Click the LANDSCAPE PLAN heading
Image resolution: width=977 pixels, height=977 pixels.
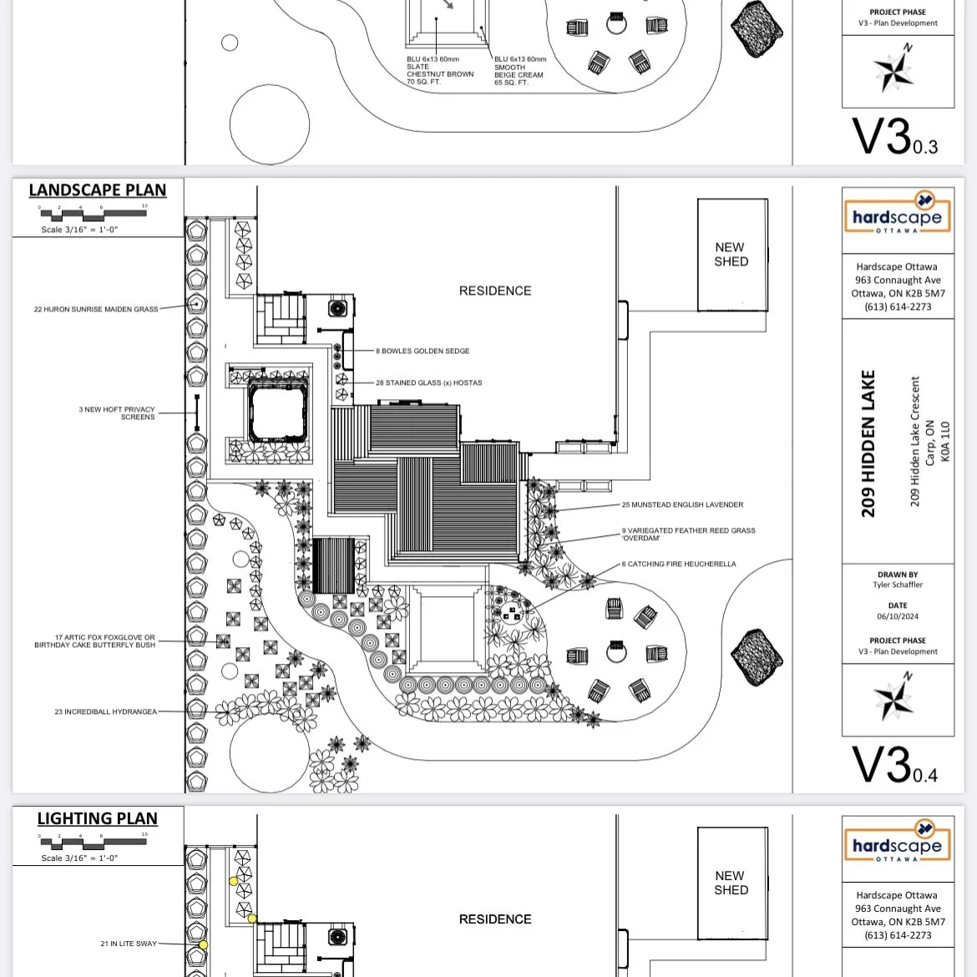click(97, 190)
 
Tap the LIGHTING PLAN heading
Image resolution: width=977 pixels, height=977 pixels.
click(97, 819)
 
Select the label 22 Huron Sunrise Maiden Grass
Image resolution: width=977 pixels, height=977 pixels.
click(96, 310)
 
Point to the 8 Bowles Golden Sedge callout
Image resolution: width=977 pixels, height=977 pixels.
click(423, 352)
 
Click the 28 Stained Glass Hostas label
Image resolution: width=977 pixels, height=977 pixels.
click(428, 383)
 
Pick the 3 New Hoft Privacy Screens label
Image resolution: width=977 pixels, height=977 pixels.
click(117, 413)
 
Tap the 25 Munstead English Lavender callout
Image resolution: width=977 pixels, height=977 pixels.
click(682, 505)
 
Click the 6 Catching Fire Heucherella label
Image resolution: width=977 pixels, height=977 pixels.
click(679, 564)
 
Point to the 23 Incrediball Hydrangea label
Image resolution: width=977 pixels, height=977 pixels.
click(105, 712)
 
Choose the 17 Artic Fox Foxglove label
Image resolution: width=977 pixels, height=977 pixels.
click(94, 641)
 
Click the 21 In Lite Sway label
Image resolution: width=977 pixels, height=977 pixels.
click(129, 944)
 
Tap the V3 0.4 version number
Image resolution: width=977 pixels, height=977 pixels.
click(893, 765)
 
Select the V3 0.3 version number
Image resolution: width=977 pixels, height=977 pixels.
click(893, 137)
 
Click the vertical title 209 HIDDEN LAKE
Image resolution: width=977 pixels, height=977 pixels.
click(868, 443)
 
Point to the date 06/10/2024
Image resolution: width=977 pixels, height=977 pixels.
click(898, 617)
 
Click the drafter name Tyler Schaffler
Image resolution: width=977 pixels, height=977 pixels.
click(898, 585)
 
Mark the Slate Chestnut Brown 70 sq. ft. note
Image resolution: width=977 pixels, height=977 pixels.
click(440, 71)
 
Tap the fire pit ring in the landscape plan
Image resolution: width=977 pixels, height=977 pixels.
click(616, 650)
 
